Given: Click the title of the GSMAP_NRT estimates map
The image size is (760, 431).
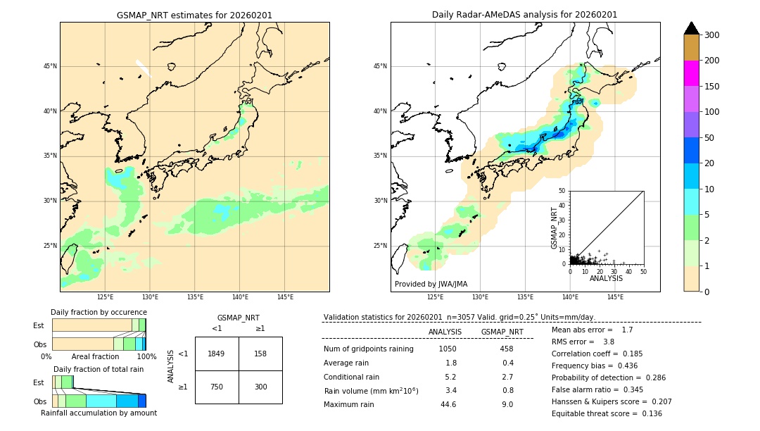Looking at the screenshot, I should (194, 15).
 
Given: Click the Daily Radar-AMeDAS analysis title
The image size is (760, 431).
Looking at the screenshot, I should (524, 15).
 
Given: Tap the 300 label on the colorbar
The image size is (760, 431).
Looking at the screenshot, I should (712, 35).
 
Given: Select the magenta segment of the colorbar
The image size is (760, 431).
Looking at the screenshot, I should (691, 73).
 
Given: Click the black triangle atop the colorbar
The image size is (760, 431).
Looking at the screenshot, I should (691, 28).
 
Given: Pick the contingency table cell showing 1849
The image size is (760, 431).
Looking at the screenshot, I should (217, 354).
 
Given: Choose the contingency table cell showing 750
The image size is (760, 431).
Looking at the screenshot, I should (217, 387).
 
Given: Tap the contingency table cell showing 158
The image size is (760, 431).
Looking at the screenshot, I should (260, 354).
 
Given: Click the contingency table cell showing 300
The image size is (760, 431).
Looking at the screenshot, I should (260, 387).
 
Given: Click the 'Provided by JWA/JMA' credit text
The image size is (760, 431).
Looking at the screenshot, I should (431, 285).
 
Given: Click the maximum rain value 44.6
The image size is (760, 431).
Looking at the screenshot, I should (448, 404).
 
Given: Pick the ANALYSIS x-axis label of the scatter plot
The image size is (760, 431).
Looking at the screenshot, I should (606, 278).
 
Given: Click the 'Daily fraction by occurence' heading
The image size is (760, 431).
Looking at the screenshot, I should (99, 312).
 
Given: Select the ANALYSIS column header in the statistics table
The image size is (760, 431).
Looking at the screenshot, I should (445, 332).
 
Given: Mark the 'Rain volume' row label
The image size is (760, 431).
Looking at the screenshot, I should (371, 391).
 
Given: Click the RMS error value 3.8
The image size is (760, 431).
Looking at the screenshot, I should (609, 342).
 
